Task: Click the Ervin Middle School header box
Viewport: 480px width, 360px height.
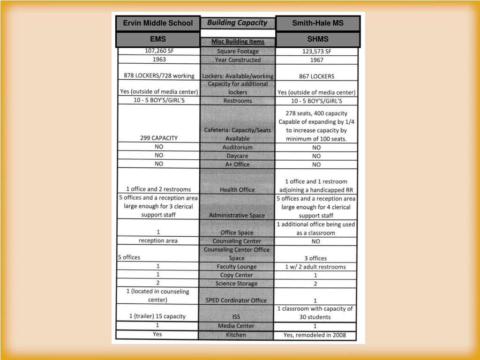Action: (158, 23)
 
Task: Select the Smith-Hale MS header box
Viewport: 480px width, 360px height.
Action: (318, 23)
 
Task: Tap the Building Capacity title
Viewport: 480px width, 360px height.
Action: (237, 23)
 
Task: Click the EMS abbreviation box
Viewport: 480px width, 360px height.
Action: (158, 39)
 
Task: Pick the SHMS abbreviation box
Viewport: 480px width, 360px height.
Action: (318, 39)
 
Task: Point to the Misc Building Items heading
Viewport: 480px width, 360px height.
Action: (238, 42)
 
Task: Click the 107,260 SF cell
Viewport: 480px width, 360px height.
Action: (159, 51)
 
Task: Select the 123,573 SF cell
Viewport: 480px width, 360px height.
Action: (316, 52)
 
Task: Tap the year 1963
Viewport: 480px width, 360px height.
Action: (159, 60)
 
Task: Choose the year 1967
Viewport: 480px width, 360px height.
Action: (316, 60)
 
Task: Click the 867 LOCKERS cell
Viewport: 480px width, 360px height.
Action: (316, 76)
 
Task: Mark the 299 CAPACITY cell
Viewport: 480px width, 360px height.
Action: (159, 138)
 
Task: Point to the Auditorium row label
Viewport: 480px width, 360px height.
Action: (237, 147)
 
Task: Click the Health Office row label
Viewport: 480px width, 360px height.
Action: (237, 190)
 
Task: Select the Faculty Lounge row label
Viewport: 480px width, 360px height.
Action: (237, 267)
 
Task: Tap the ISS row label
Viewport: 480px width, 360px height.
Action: (236, 317)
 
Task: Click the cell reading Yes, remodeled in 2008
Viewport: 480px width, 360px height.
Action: (315, 335)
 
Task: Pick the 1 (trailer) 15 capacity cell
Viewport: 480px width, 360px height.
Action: (157, 316)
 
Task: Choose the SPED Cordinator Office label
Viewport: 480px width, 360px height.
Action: (237, 300)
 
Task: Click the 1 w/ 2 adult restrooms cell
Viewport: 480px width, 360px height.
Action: (315, 267)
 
